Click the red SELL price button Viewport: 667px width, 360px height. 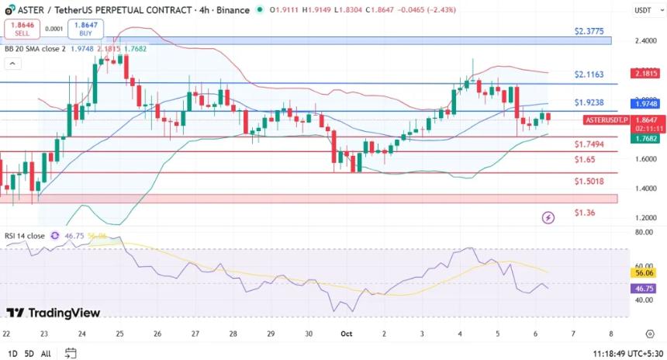22,29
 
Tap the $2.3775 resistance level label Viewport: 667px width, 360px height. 590,32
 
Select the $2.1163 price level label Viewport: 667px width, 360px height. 590,74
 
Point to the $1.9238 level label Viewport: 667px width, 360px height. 590,102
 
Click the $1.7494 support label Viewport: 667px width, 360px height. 590,144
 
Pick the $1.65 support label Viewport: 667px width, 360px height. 585,159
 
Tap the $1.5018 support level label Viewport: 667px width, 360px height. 590,182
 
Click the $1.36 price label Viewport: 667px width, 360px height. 585,213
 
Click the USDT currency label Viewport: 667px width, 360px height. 642,11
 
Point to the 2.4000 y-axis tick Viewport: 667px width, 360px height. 645,41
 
